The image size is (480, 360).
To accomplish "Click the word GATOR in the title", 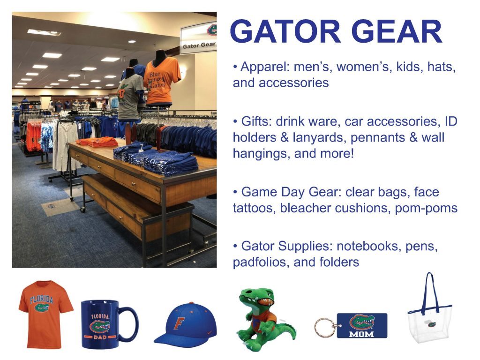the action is pos(285,31).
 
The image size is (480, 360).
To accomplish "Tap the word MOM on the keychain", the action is pos(361,333).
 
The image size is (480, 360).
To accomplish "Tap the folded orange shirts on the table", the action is pos(97,142).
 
